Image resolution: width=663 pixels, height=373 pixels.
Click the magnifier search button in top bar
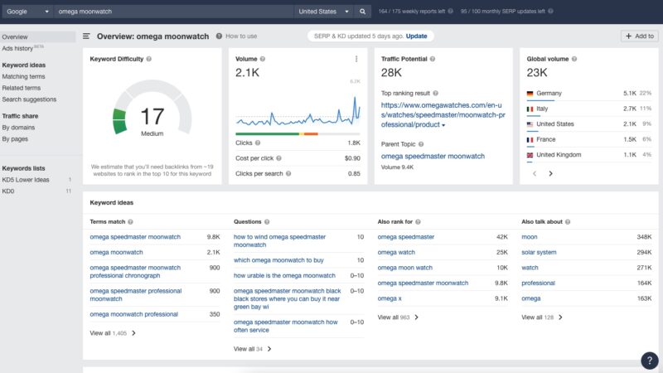point(363,12)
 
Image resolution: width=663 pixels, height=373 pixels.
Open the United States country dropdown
point(323,12)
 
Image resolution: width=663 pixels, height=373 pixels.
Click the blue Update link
point(417,36)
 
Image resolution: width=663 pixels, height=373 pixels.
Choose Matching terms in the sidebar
point(23,76)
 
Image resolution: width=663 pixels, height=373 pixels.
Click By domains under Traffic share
point(18,128)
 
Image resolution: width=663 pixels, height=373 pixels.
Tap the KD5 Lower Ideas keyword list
point(26,180)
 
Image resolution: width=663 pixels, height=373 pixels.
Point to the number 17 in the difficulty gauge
point(152,115)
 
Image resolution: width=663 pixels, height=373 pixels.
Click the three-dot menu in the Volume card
point(356,59)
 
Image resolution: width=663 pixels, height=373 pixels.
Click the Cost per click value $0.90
point(352,157)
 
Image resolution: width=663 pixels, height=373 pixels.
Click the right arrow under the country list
point(550,173)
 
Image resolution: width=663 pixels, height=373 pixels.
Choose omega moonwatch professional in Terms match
point(133,314)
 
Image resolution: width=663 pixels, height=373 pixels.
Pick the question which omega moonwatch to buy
point(278,259)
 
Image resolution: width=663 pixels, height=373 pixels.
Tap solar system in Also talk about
point(539,252)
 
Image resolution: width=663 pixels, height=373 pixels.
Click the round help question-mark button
point(650,361)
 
